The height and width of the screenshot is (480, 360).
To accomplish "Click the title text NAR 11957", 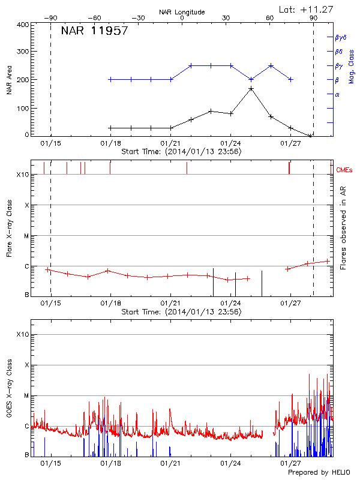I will click(95, 31).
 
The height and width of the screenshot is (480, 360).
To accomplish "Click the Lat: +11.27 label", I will click(307, 9).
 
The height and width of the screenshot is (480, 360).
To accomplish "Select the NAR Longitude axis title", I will click(182, 12).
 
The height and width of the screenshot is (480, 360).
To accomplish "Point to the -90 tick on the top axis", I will click(50, 19).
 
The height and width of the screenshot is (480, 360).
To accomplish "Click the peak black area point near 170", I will click(251, 89).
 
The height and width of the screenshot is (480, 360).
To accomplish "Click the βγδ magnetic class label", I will click(341, 37).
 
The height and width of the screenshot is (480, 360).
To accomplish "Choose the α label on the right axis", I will click(337, 94).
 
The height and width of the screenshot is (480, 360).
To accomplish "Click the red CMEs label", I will click(345, 170).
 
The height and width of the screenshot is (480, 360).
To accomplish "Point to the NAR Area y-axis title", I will click(9, 80).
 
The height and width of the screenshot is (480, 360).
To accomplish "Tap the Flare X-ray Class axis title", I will click(9, 229).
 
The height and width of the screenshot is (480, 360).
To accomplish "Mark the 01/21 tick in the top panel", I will click(171, 145).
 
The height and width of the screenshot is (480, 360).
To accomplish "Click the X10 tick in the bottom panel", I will click(22, 334).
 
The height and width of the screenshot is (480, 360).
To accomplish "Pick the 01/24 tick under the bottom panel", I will click(231, 464).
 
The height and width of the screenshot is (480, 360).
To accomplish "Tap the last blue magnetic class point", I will click(291, 79).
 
